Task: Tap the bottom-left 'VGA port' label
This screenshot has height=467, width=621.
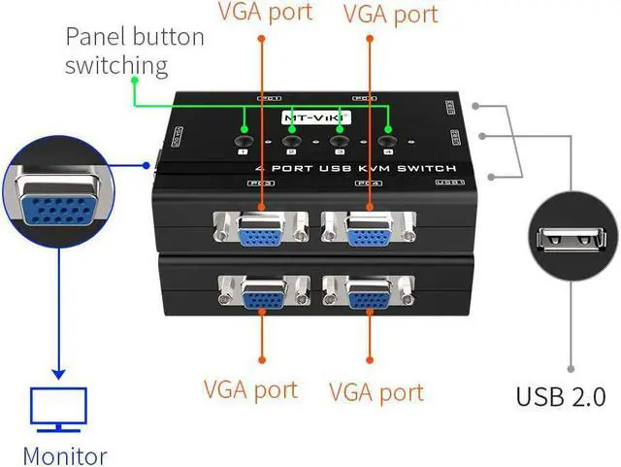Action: click(250, 390)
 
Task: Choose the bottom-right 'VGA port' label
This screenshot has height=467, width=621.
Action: click(376, 392)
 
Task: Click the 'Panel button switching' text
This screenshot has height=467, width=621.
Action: click(134, 52)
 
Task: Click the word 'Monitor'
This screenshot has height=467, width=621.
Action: click(64, 455)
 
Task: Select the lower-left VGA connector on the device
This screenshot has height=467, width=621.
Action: click(259, 294)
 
